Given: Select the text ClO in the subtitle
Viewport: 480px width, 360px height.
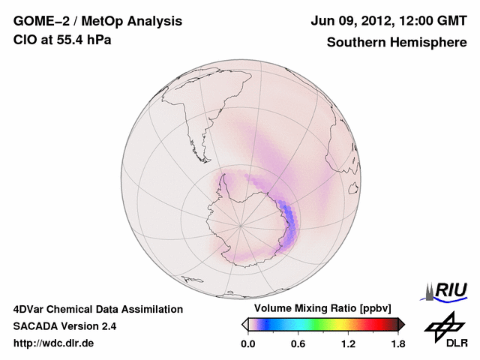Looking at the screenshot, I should [24, 40].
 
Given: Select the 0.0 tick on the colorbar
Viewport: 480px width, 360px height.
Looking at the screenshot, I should [247, 344].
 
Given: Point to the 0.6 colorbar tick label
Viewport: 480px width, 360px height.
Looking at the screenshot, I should [298, 344].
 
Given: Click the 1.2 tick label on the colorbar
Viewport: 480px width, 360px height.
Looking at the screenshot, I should [348, 344].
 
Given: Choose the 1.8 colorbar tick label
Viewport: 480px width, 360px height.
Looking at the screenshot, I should [397, 344].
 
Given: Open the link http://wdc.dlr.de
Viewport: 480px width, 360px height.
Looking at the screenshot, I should [54, 344].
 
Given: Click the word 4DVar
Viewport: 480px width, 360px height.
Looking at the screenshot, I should [29, 309].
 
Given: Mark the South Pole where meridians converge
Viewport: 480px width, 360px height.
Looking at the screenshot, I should [241, 224].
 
